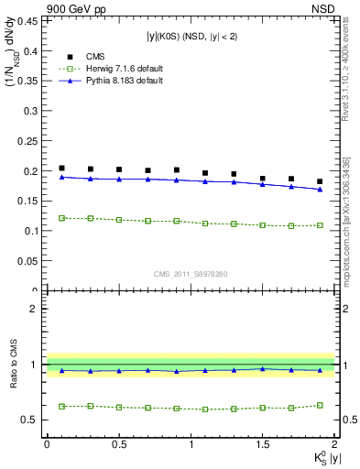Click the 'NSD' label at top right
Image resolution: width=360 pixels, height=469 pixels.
click(322, 7)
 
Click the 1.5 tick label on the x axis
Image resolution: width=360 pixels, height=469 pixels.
click(263, 444)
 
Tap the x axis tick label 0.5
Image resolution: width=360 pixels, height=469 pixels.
click(118, 444)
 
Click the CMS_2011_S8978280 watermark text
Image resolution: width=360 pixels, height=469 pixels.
click(191, 273)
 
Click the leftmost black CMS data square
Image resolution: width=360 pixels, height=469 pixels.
click(61, 169)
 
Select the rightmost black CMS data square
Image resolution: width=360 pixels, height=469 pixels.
click(320, 181)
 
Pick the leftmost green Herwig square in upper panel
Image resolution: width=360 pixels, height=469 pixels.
click(61, 218)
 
